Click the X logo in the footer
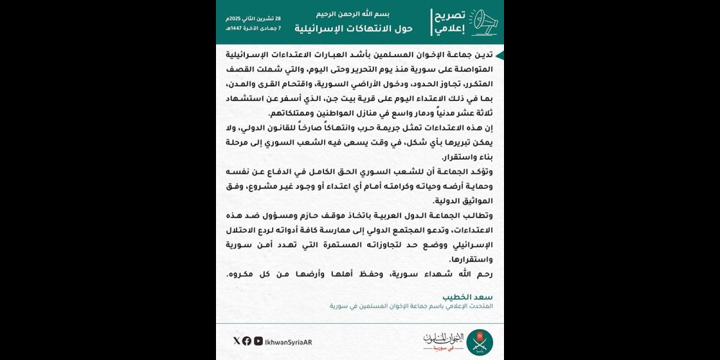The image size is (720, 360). [237, 341]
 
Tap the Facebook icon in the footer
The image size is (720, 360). [247, 341]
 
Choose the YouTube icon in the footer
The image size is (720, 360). [258, 341]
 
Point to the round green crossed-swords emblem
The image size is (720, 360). [480, 341]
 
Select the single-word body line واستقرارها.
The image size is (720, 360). [469, 259]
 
